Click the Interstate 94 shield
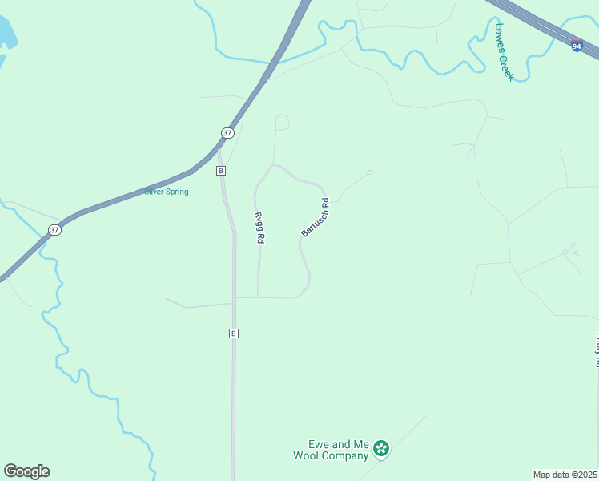point(577,46)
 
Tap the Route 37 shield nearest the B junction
point(227,133)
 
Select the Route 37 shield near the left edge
point(54,229)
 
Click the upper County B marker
point(221,171)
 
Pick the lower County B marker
point(233,333)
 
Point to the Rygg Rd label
point(259,228)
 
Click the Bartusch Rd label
point(316,217)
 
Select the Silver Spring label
point(167,192)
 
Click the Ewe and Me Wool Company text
point(338,450)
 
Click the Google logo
point(26,471)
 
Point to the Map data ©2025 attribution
point(565,475)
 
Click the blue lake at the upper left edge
point(6,32)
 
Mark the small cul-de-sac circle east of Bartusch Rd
point(369,172)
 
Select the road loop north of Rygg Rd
point(281,122)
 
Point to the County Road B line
point(235,385)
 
